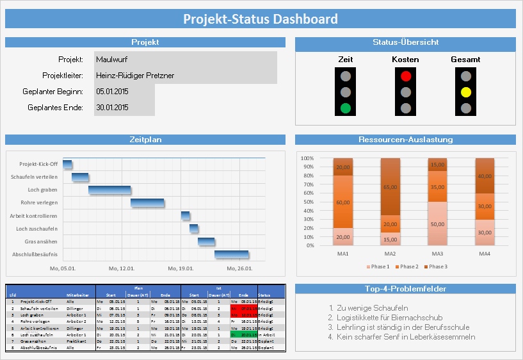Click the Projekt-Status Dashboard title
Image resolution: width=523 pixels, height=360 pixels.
tap(261, 19)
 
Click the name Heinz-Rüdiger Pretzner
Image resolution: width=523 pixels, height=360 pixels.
tap(135, 76)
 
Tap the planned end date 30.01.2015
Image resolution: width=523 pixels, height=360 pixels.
tap(113, 108)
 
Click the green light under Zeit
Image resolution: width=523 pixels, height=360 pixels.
tap(346, 108)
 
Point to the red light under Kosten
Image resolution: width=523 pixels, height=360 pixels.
tap(405, 76)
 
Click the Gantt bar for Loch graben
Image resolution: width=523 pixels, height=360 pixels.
tap(109, 190)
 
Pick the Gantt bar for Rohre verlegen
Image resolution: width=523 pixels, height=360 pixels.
tap(147, 203)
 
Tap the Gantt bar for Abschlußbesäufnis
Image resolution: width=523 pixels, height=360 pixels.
tap(231, 255)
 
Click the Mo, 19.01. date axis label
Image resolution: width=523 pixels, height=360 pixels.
tap(181, 269)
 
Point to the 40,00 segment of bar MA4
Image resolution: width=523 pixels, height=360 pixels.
tap(484, 176)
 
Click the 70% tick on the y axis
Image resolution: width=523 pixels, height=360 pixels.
tap(307, 184)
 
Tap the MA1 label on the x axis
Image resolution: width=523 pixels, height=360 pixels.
tap(342, 254)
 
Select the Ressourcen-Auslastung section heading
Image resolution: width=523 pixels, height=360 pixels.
tap(405, 140)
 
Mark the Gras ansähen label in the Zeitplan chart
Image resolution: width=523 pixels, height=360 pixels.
tap(44, 241)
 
